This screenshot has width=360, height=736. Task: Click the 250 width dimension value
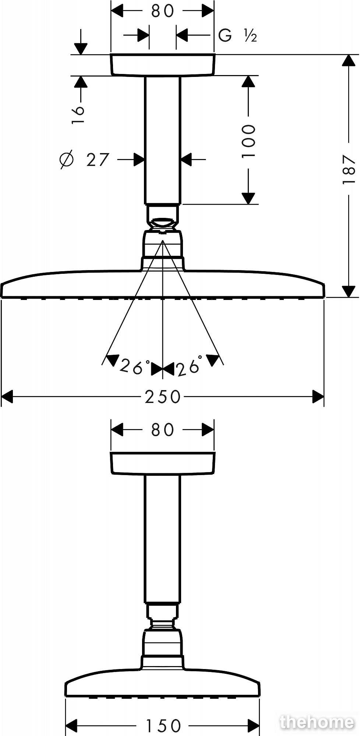click(163, 397)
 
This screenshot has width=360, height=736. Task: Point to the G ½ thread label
click(237, 36)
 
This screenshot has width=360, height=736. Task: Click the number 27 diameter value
click(98, 159)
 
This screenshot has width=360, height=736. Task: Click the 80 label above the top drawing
click(162, 11)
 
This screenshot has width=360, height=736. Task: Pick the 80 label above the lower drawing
click(162, 429)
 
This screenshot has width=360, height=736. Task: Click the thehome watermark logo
click(317, 722)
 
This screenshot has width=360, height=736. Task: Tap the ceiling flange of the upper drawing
click(162, 65)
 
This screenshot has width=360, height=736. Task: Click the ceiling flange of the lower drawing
click(162, 464)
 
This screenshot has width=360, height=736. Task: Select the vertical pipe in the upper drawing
click(162, 140)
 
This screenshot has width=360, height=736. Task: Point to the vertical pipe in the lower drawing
click(162, 539)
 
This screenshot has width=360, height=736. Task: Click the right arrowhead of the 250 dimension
click(318, 397)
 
